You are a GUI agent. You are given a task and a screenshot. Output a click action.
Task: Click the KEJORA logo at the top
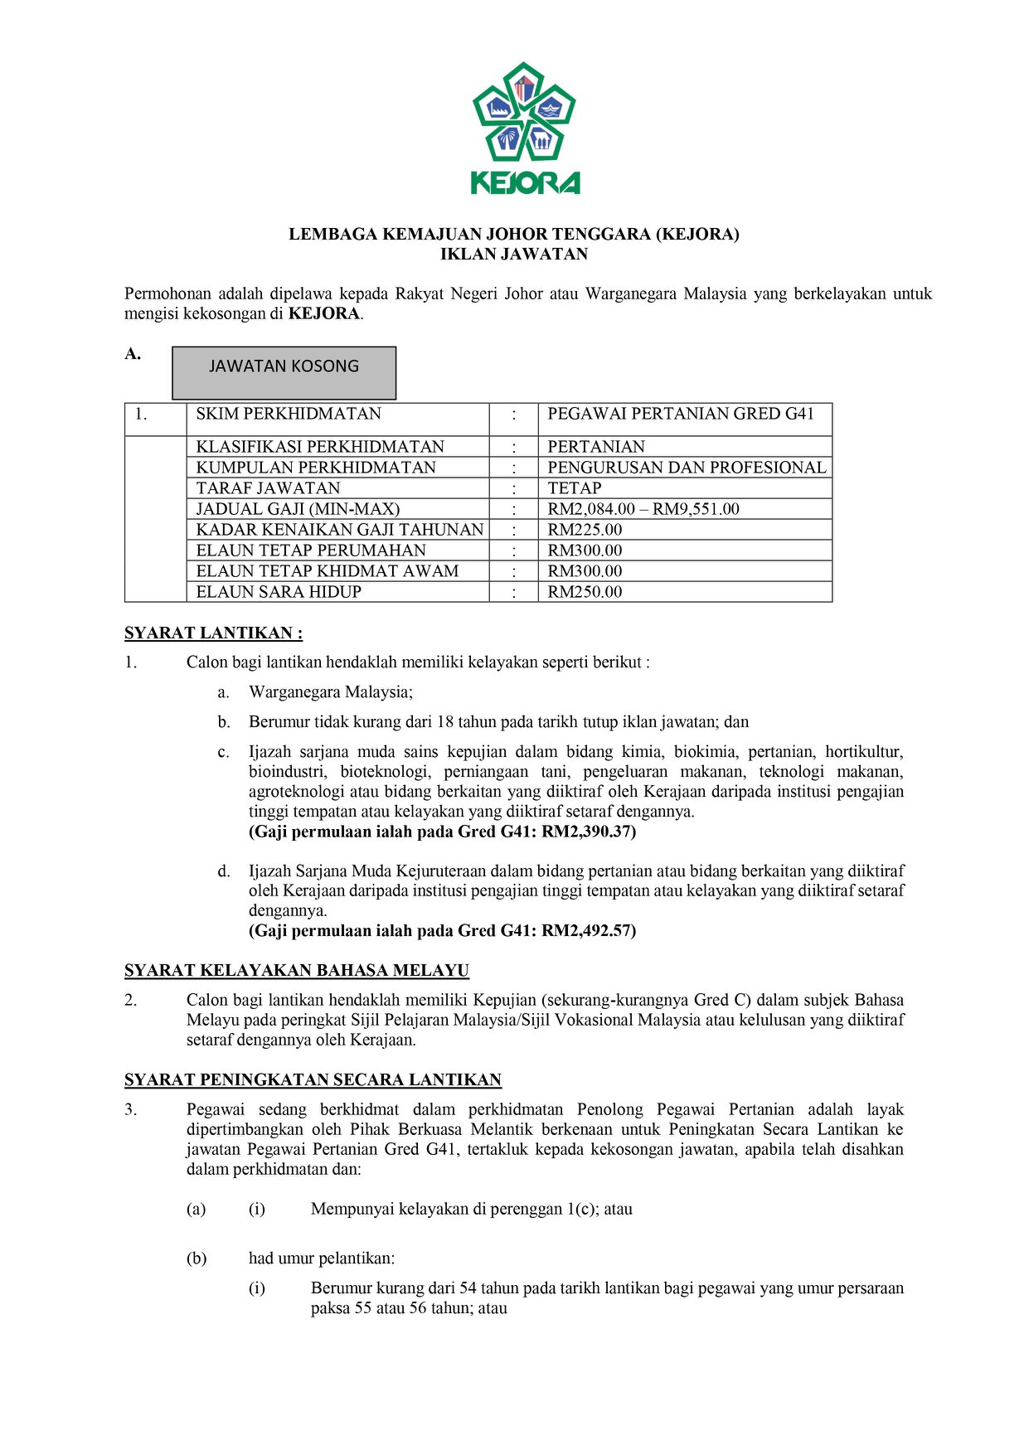click(524, 129)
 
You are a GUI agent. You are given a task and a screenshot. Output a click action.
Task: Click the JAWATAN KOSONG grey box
click(284, 372)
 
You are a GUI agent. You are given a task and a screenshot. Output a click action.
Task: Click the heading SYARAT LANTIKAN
click(213, 633)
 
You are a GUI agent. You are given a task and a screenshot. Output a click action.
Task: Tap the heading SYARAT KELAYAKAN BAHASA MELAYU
click(297, 971)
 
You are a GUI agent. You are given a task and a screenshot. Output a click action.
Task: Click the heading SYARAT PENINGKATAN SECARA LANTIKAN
click(313, 1080)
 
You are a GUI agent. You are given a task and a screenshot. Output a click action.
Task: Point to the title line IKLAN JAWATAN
click(514, 255)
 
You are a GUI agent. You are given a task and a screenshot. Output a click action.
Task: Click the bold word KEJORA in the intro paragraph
click(323, 314)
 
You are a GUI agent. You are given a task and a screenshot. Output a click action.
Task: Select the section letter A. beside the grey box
click(133, 355)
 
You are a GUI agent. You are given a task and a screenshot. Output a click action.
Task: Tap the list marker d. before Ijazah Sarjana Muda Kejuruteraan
click(224, 871)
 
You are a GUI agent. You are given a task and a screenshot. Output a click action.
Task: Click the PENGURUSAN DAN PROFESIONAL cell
click(687, 468)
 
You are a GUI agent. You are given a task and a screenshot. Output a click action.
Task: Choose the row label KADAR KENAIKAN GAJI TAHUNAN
click(340, 530)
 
